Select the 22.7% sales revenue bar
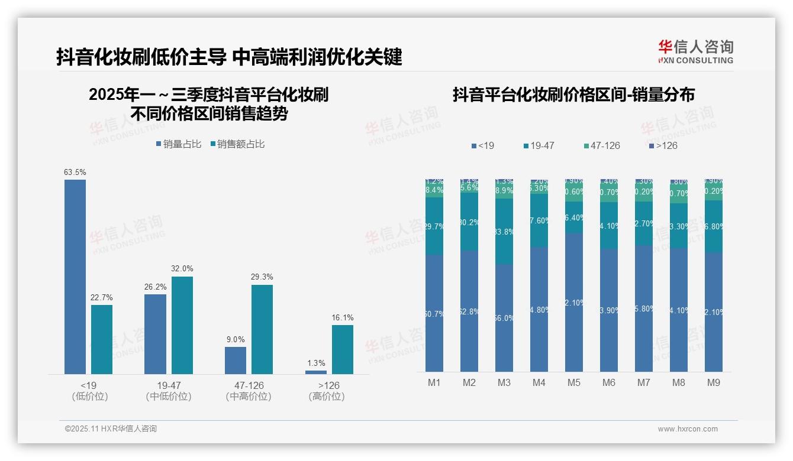[x=102, y=339]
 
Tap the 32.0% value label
[x=182, y=268]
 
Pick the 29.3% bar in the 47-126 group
[x=262, y=329]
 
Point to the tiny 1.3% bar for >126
[x=316, y=372]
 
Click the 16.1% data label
[x=343, y=317]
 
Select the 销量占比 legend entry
[x=179, y=144]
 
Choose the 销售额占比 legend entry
[x=237, y=144]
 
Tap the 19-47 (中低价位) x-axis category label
[x=169, y=391]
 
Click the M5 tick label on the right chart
[x=574, y=382]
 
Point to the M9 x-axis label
[x=714, y=382]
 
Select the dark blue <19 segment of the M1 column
[x=434, y=313]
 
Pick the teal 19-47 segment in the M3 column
[x=504, y=231]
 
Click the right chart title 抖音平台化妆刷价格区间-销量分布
[x=573, y=95]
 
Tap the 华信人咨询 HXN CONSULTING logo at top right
[x=695, y=51]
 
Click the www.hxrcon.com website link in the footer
[x=688, y=429]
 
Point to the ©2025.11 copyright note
[x=111, y=429]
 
